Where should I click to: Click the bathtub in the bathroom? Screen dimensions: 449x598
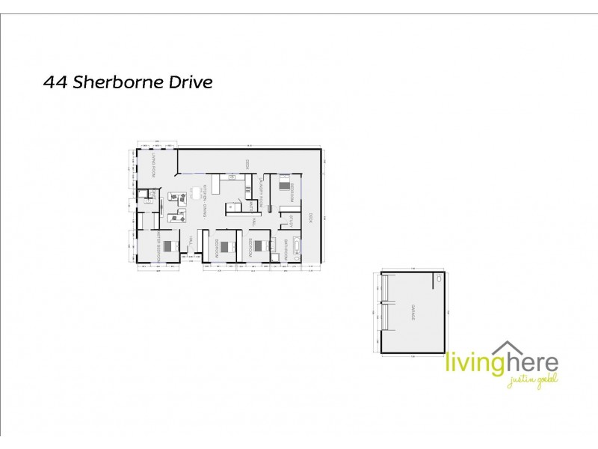(x=298, y=247)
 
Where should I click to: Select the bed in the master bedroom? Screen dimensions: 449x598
(x=170, y=245)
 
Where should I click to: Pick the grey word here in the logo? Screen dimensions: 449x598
(x=529, y=364)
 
